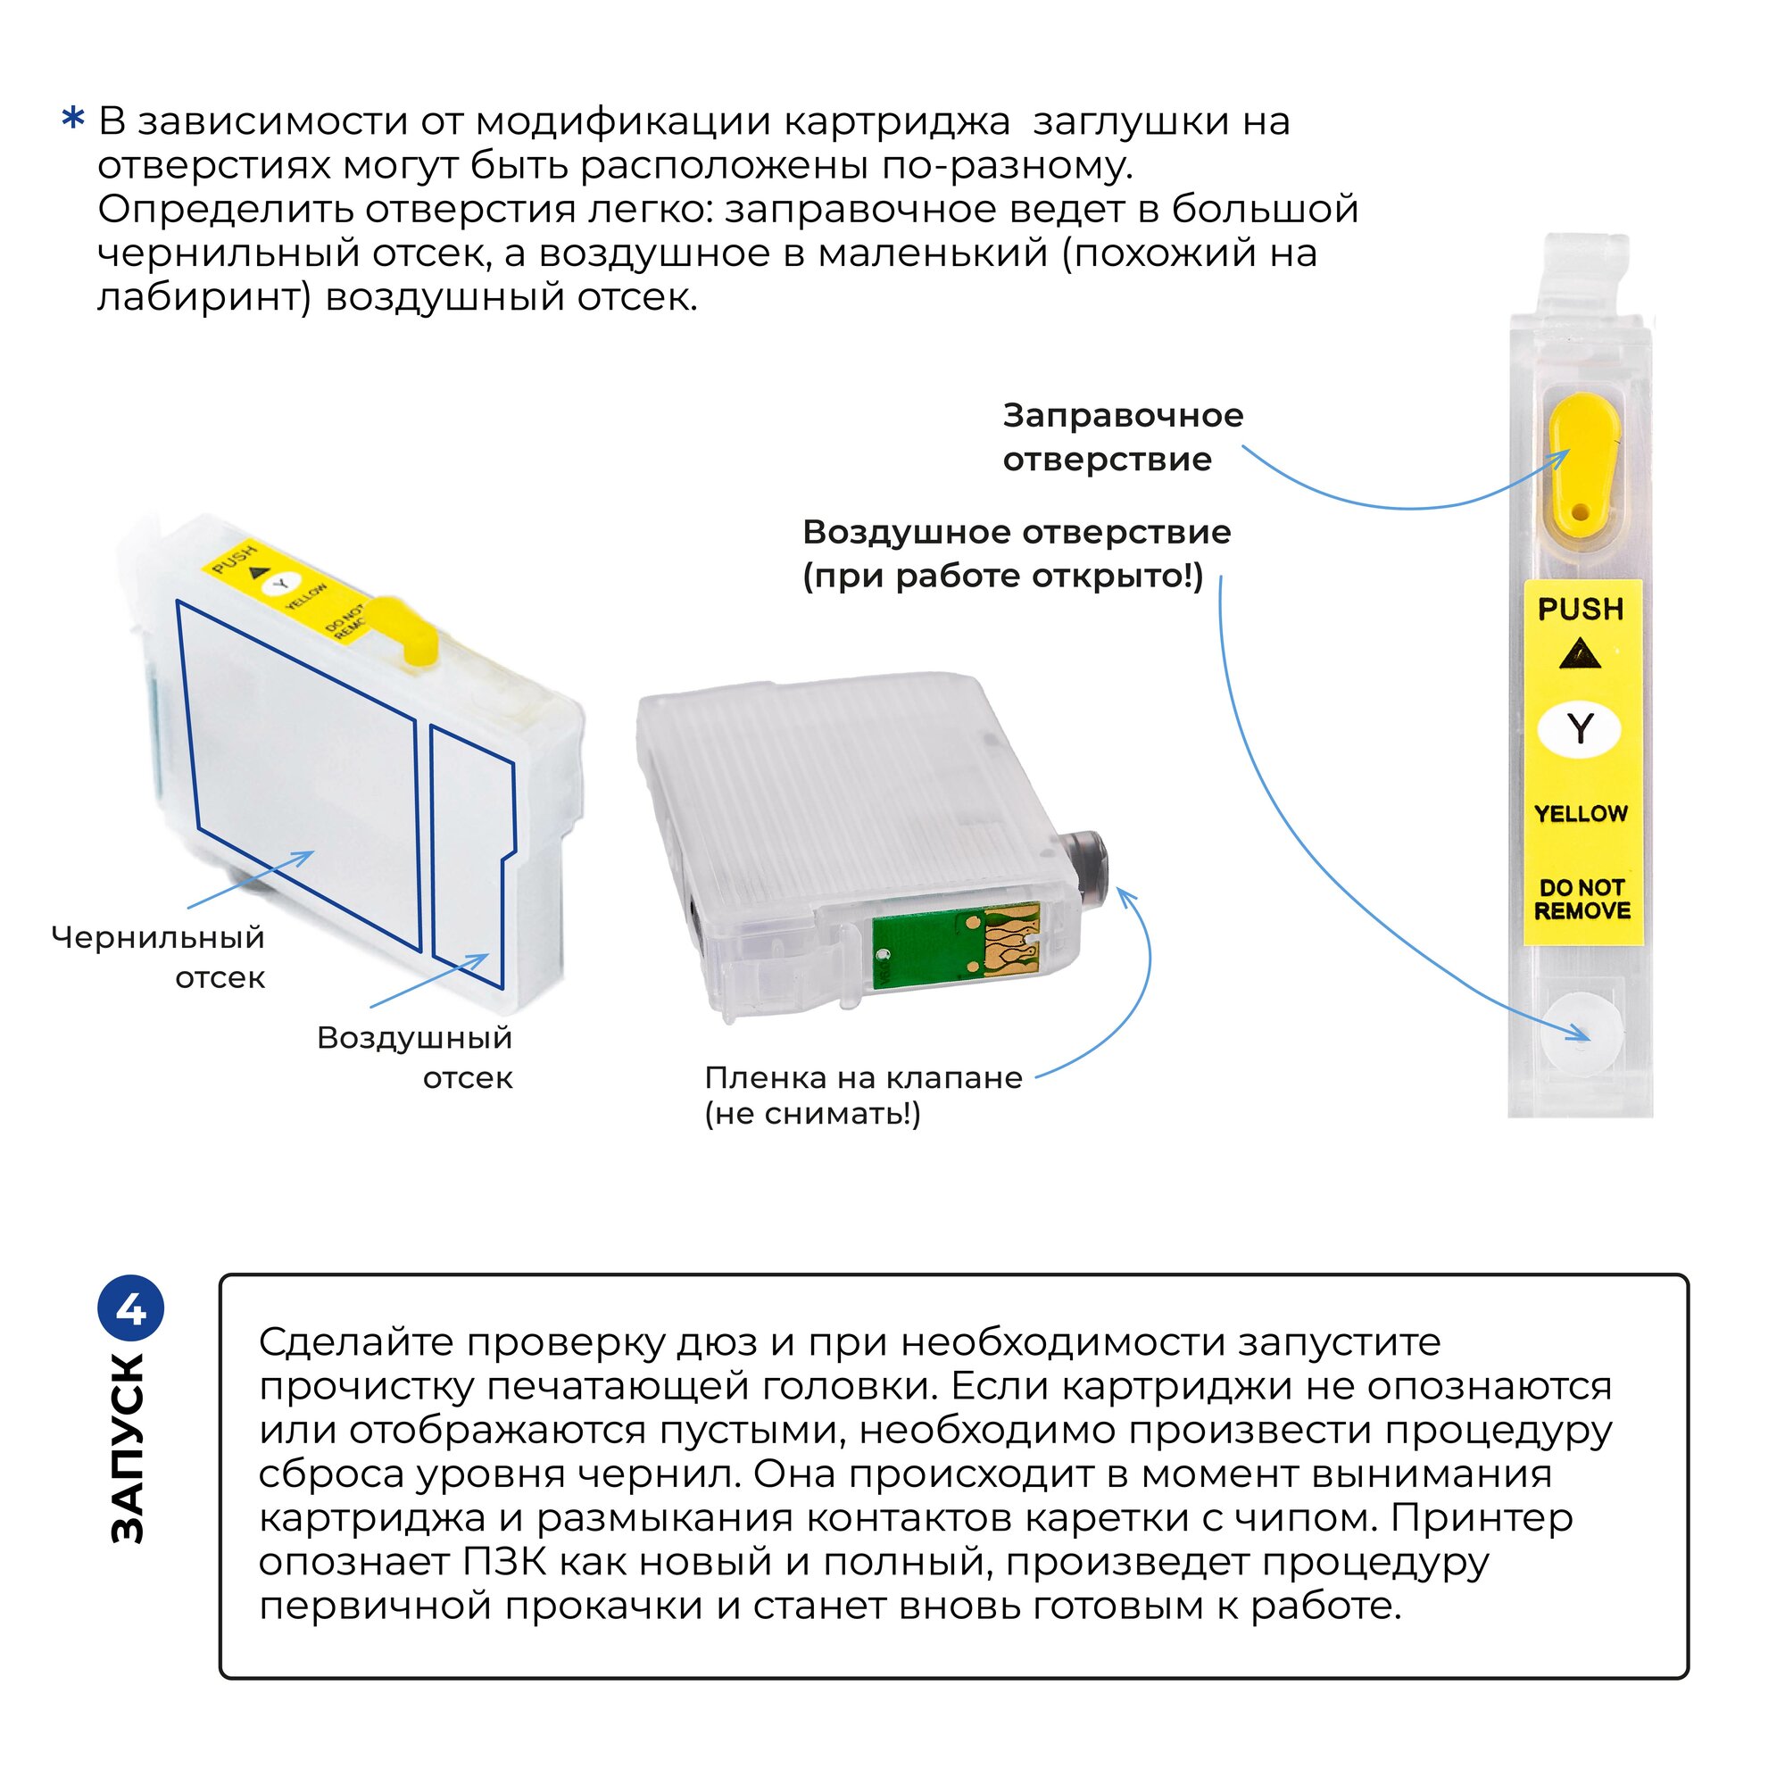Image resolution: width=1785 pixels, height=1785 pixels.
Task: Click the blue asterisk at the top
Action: coord(73,120)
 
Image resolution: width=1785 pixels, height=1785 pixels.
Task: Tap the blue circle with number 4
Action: coord(131,1310)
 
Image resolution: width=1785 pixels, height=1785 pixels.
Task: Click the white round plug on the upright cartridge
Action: coord(1581,1033)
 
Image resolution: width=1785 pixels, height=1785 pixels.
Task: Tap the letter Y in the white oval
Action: coord(1580,729)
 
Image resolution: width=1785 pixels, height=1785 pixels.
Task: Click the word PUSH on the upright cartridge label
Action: coord(1580,610)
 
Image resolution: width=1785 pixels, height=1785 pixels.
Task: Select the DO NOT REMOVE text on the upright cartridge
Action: coord(1582,899)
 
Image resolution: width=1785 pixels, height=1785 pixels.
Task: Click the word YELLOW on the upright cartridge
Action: coord(1581,814)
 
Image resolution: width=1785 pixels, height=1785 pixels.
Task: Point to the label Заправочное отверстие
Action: coord(1123,437)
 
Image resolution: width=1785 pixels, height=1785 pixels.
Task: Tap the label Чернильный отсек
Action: coord(159,957)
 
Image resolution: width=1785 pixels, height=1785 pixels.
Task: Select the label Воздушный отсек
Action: coord(415,1057)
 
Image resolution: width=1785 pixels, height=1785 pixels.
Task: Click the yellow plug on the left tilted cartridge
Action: coord(405,627)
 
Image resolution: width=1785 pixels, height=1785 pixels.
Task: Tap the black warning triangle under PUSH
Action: coord(1580,655)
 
